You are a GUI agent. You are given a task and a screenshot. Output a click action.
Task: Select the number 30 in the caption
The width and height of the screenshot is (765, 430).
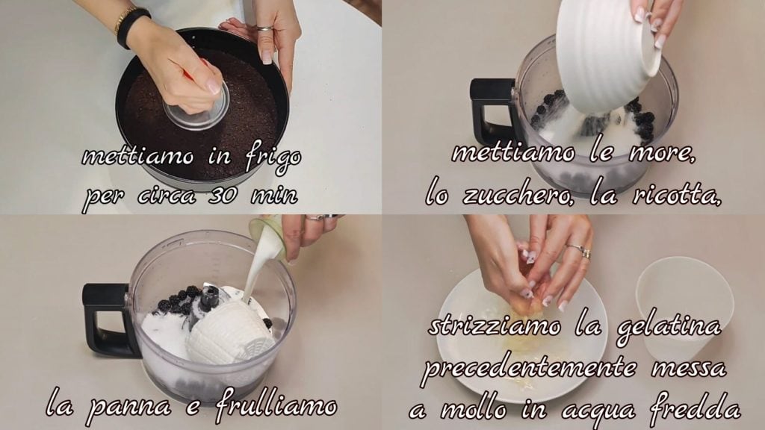pyautogui.click(x=223, y=196)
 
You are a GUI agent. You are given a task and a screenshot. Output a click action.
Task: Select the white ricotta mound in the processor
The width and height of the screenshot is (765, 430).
pyautogui.click(x=229, y=331)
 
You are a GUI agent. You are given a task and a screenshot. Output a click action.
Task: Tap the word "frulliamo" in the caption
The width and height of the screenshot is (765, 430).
pyautogui.click(x=276, y=404)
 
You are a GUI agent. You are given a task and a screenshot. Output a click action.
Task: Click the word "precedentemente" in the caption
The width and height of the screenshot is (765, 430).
pyautogui.click(x=530, y=368)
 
